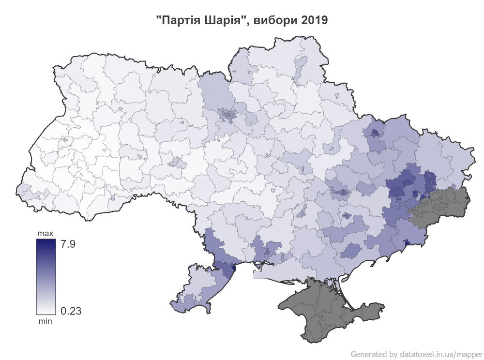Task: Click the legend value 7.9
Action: [x=67, y=244]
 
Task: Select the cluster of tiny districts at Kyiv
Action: [x=226, y=115]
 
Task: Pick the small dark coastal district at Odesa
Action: [x=234, y=267]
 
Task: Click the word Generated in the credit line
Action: [x=368, y=354]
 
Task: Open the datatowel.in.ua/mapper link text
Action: [x=440, y=354]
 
